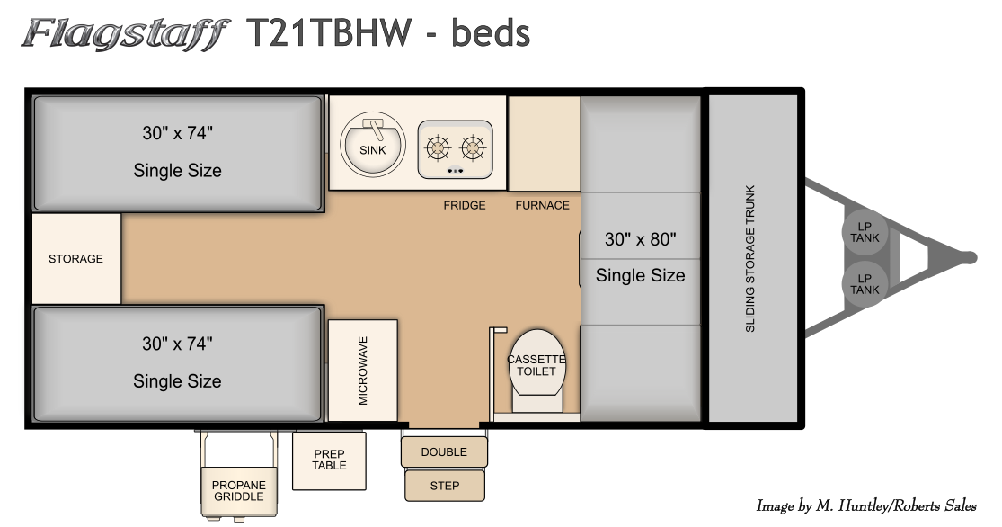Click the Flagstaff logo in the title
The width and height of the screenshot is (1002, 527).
point(125,34)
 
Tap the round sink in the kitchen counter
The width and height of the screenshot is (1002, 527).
point(373,145)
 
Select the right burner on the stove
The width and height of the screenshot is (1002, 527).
point(473,148)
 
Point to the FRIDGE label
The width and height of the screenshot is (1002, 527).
point(465,205)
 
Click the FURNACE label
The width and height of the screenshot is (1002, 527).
point(543,205)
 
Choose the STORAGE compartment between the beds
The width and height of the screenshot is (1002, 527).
point(76,258)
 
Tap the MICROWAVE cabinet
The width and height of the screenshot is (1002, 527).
point(363,371)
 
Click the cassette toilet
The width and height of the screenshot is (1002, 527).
point(536,370)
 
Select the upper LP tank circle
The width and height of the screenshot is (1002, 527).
point(865,232)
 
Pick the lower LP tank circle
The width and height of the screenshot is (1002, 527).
point(865,284)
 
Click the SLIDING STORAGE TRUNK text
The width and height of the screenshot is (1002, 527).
point(750,259)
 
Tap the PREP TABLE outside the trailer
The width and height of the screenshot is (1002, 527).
point(330,460)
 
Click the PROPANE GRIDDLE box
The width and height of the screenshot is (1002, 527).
point(239,491)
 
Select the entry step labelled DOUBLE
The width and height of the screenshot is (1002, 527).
point(444,451)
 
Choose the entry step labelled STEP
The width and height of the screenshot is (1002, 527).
point(445,486)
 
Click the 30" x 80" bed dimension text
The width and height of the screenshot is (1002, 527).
point(641,239)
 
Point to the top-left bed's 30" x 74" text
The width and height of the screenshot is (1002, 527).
point(178,133)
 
